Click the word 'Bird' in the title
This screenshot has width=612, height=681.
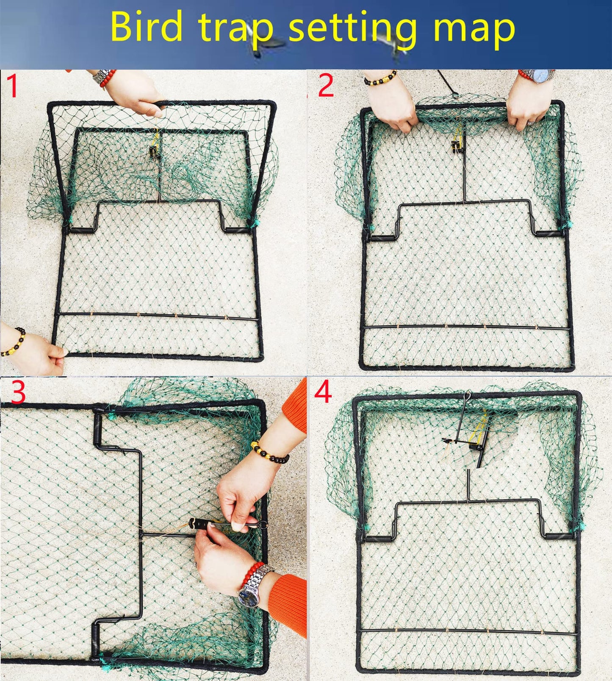click(x=146, y=28)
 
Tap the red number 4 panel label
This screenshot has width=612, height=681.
click(x=323, y=392)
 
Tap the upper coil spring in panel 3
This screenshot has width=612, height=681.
click(x=99, y=429)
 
